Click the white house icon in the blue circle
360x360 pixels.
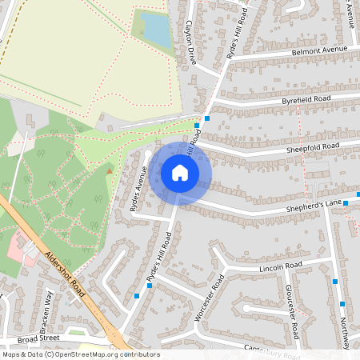(x=180, y=172)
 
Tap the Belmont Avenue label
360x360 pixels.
(x=319, y=50)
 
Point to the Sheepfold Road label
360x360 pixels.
(x=313, y=148)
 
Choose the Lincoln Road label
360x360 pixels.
(x=281, y=266)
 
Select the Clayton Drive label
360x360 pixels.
(x=190, y=42)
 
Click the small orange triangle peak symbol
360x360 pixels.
(x=110, y=170)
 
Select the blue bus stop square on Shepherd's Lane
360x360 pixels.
(x=346, y=203)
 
